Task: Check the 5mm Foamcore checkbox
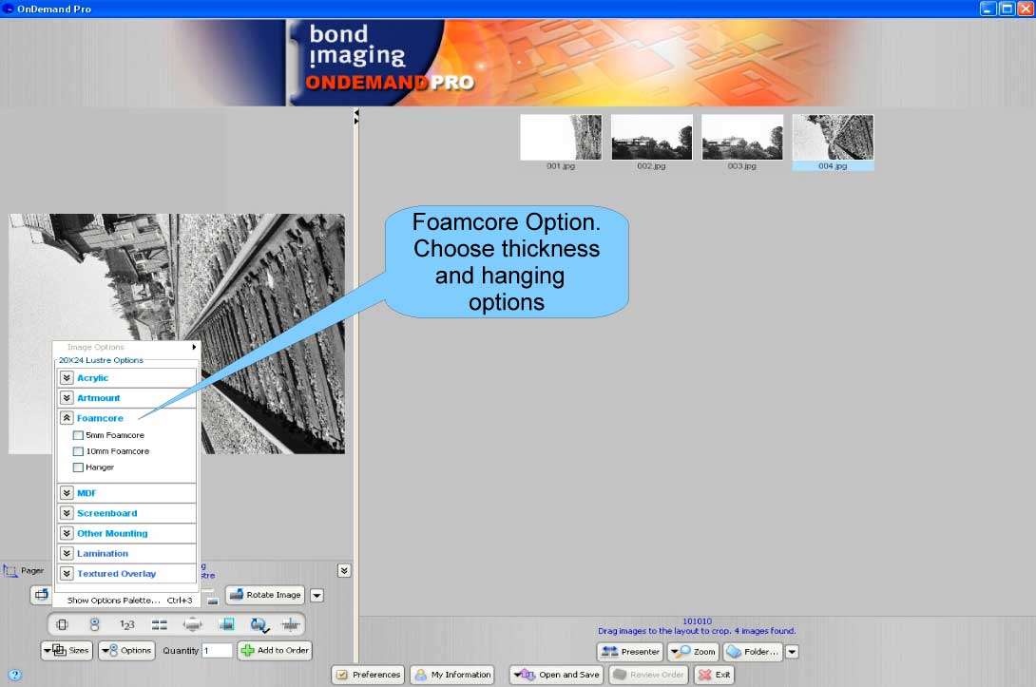78,435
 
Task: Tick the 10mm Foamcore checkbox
78,451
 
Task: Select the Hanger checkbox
78,468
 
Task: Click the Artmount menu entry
99,398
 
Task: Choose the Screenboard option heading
106,513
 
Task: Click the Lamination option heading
102,553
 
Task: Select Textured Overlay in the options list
116,573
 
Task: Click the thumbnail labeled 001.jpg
561,138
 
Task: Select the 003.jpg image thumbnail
741,138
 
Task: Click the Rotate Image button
264,595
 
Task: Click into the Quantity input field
217,651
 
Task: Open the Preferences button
368,675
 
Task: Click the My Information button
452,675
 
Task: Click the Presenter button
630,652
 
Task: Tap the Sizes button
67,651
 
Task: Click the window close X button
1025,9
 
